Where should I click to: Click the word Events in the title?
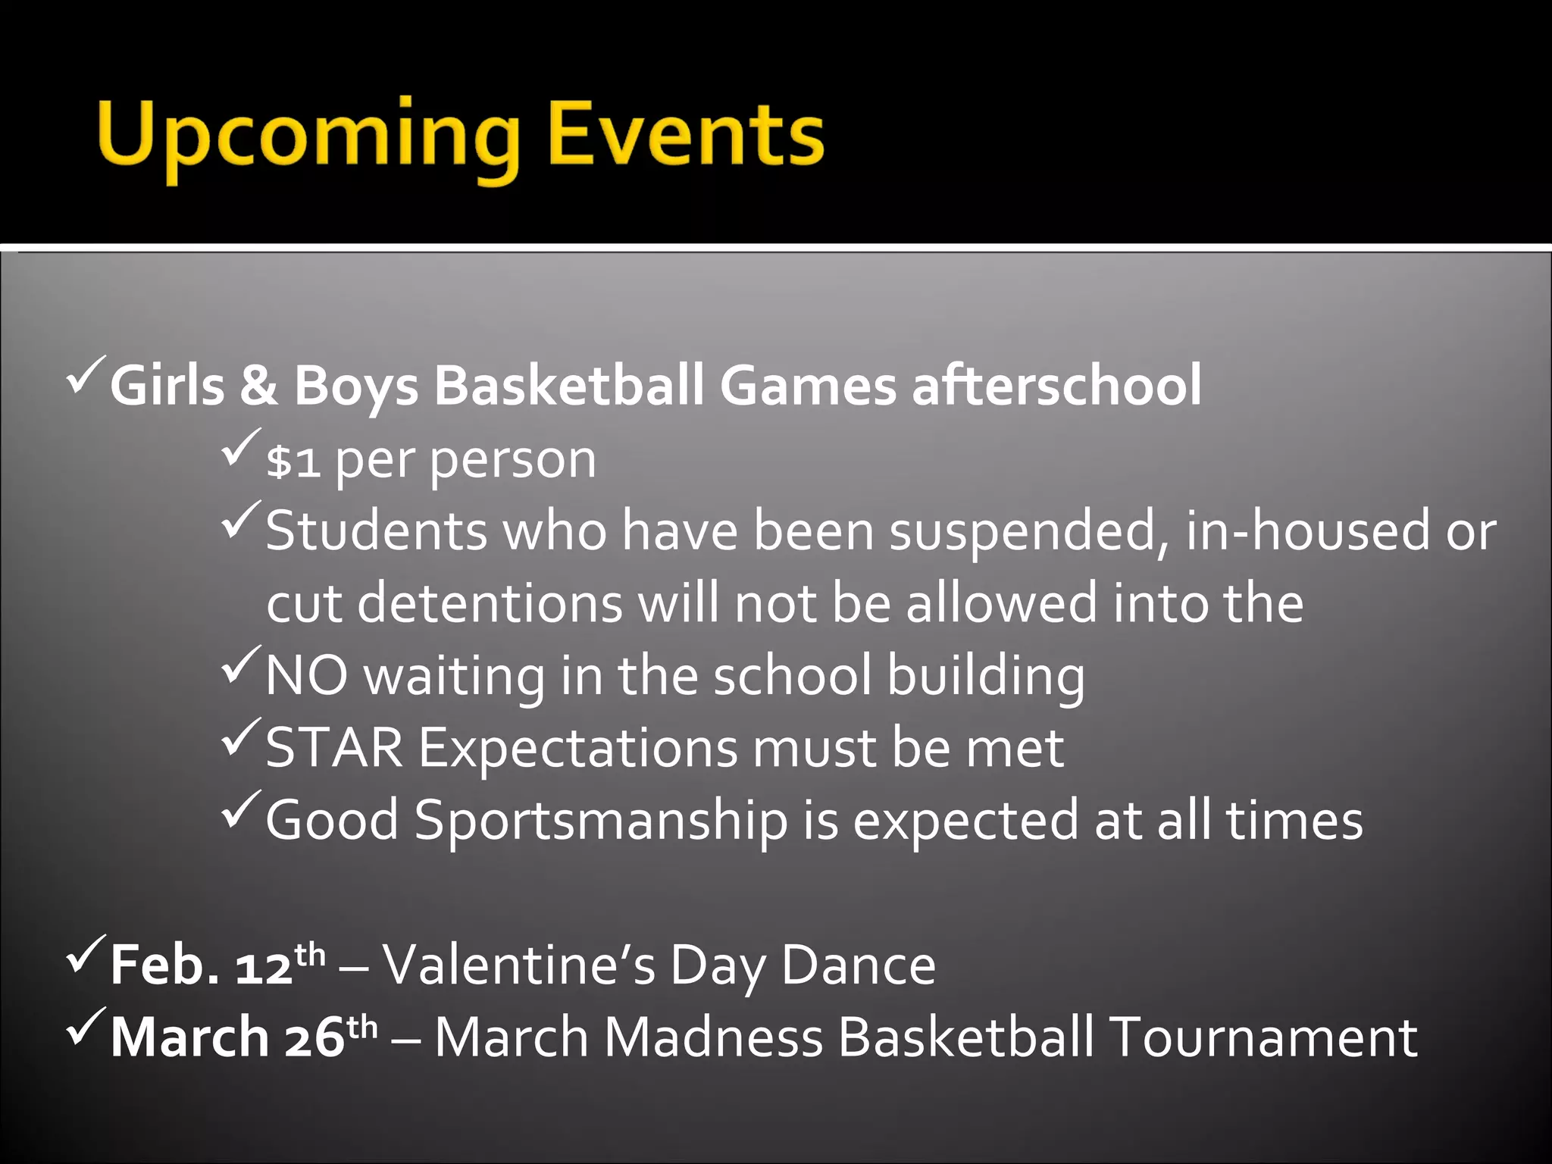[686, 135]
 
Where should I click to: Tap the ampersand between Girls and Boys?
[259, 385]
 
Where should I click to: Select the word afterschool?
[1056, 385]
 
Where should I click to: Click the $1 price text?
[293, 461]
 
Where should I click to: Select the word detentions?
[490, 603]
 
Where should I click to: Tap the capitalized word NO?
[307, 675]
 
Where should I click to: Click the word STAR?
[334, 748]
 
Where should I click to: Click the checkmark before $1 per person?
[241, 447]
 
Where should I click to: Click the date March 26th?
[243, 1037]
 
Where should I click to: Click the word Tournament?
[1263, 1037]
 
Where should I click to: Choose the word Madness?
[714, 1037]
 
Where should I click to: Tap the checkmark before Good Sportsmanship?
[241, 809]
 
